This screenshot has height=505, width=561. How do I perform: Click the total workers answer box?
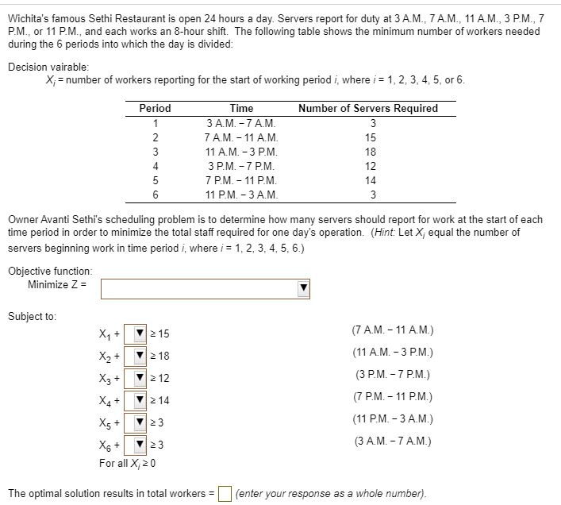(x=225, y=493)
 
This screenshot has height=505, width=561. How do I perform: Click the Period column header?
(x=155, y=108)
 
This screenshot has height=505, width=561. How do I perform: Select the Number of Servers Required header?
(x=368, y=108)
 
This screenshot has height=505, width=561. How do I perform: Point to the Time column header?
(x=241, y=108)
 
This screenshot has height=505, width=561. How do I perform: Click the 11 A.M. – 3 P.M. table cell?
(x=241, y=152)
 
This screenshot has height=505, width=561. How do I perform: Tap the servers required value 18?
(x=370, y=152)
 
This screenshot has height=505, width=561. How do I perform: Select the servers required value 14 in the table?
(x=370, y=180)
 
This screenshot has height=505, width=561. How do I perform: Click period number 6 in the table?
(x=156, y=195)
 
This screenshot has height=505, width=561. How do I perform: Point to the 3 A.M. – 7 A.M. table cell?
(x=241, y=123)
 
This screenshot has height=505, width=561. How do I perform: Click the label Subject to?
(x=32, y=316)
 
